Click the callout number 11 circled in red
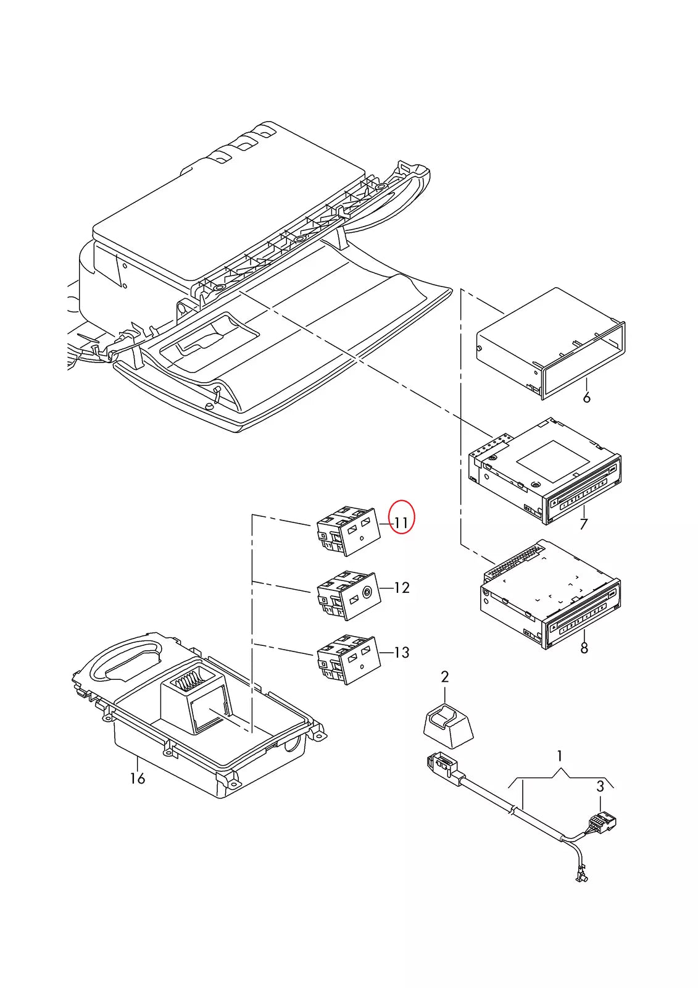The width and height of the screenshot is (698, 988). coord(401,522)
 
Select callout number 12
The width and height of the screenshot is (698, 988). coord(402,587)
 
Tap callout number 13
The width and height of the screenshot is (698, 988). coord(402,652)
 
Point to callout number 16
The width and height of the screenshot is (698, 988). coord(137,778)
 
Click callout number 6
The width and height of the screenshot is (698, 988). coord(586,398)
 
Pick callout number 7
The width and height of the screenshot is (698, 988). coord(584,524)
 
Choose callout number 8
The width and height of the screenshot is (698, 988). coord(584,648)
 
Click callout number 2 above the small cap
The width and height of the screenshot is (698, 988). coord(445,677)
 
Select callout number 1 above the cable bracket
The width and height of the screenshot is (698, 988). coord(560,756)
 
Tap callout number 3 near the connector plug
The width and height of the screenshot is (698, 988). coord(600,787)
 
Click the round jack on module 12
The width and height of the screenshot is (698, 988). coord(367,592)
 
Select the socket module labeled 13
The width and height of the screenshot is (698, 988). coord(348,660)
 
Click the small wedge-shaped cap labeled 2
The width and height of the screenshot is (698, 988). coord(448,724)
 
